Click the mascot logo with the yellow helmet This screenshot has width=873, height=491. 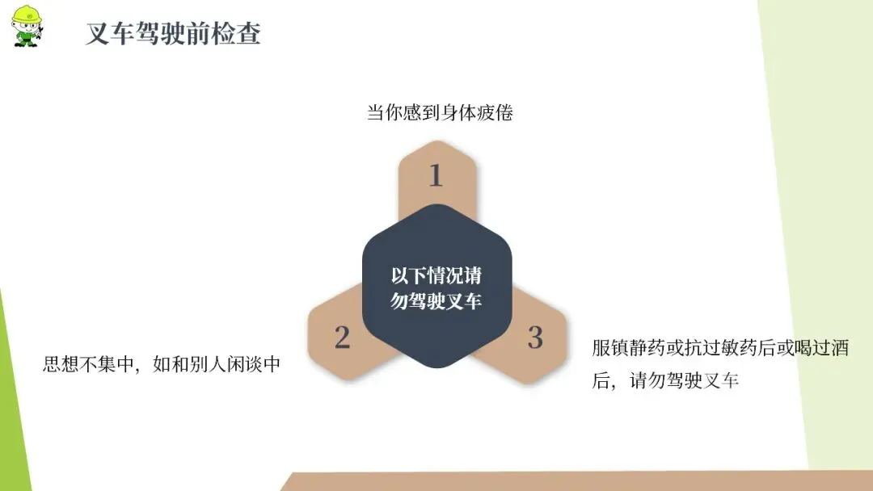pyautogui.click(x=27, y=25)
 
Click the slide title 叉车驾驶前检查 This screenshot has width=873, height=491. pyautogui.click(x=173, y=35)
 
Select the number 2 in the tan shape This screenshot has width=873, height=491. pyautogui.click(x=342, y=338)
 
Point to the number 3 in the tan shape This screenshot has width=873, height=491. pyautogui.click(x=534, y=338)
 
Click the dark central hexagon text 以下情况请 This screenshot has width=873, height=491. pyautogui.click(x=436, y=275)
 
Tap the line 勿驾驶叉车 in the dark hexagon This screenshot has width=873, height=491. pyautogui.click(x=436, y=301)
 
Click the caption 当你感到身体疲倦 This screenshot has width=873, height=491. pyautogui.click(x=440, y=113)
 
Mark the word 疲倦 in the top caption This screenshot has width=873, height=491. pyautogui.click(x=495, y=113)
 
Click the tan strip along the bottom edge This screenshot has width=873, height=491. pyautogui.click(x=566, y=481)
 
